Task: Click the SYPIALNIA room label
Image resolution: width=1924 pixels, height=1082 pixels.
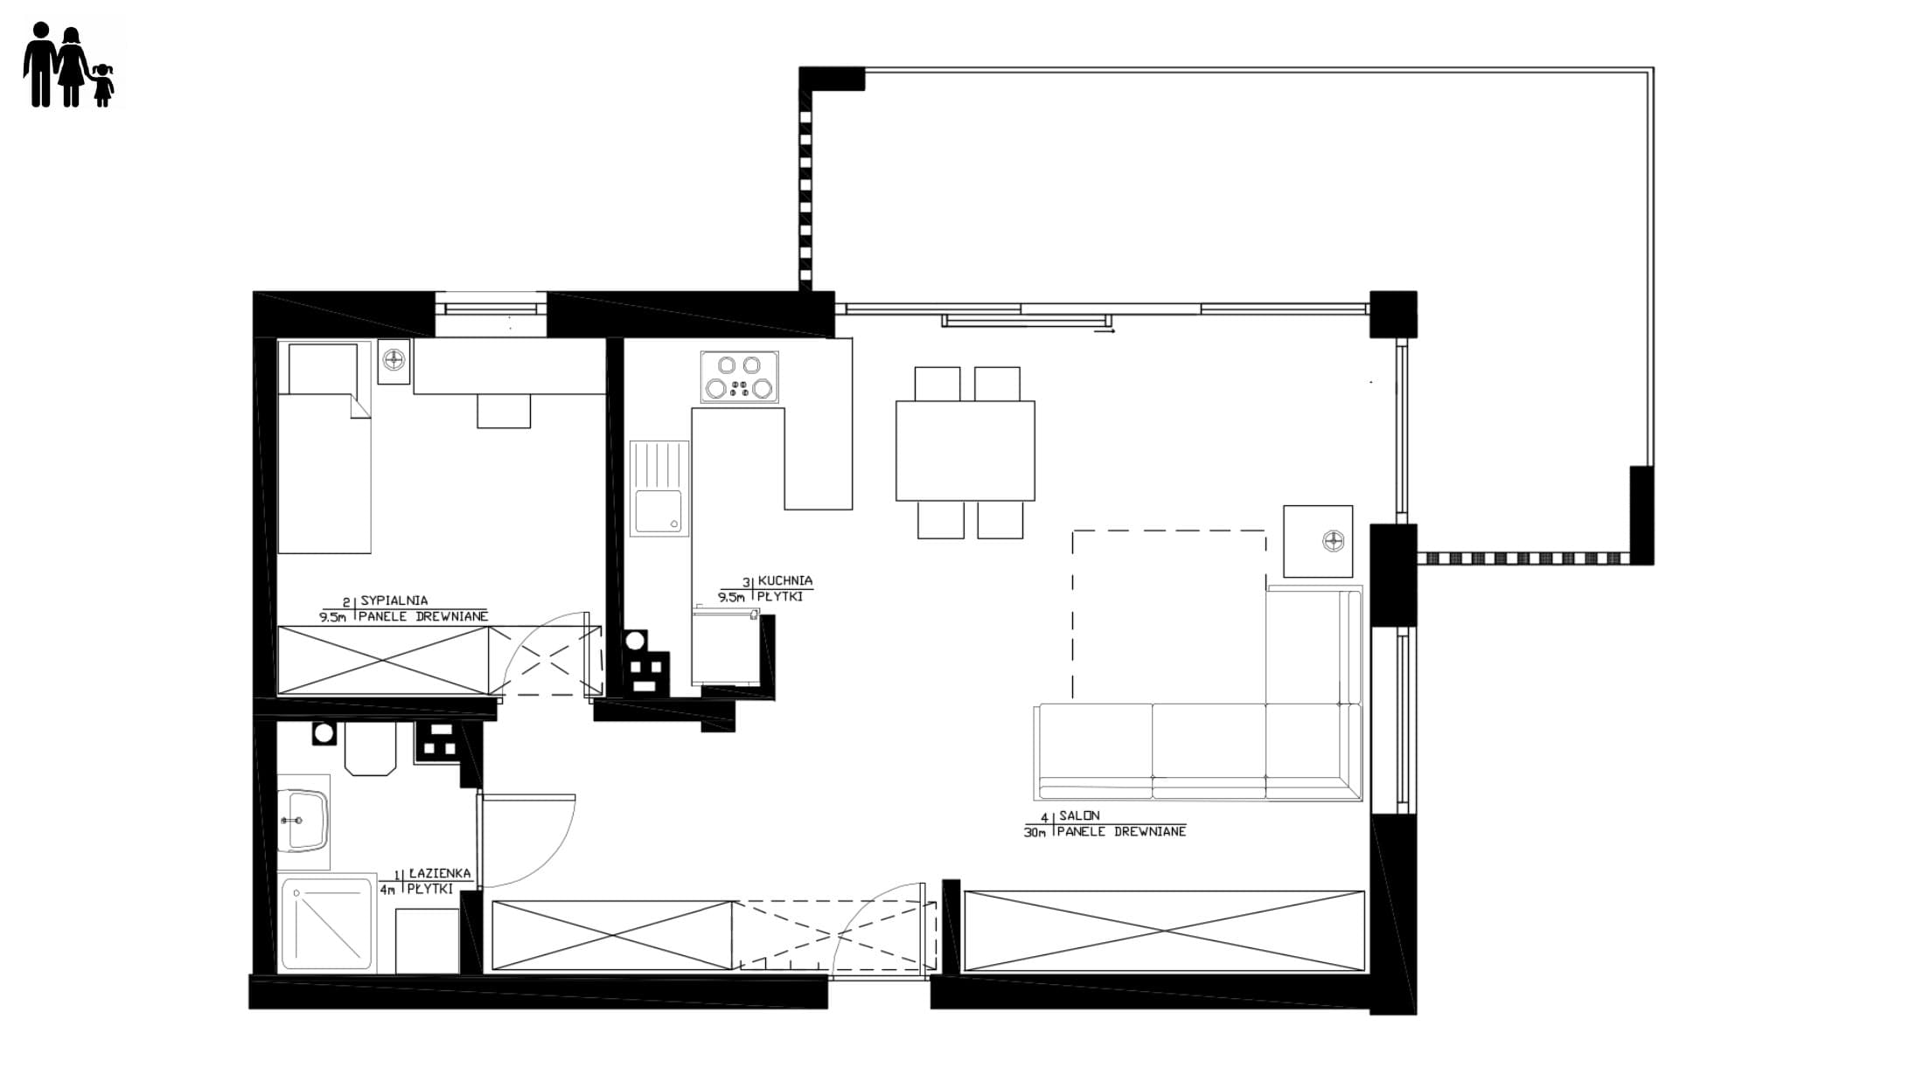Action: (x=394, y=601)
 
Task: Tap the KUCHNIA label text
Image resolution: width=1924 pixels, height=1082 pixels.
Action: (x=784, y=580)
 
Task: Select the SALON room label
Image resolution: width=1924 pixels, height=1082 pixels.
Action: (x=1079, y=815)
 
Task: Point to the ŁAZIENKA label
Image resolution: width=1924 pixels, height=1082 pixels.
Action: (x=439, y=873)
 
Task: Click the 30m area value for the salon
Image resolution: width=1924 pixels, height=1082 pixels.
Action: (x=1035, y=832)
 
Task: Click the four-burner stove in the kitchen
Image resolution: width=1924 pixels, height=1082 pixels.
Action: (x=739, y=377)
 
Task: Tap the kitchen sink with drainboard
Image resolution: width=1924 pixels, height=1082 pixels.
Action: (x=659, y=489)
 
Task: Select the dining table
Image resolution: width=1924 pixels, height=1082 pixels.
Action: (x=965, y=451)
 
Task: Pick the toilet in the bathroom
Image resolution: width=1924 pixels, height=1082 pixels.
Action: (x=370, y=748)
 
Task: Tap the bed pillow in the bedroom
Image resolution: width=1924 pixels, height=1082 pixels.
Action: (x=323, y=368)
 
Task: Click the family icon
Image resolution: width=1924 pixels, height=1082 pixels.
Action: (x=68, y=65)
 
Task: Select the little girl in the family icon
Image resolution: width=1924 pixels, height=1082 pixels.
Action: (x=103, y=85)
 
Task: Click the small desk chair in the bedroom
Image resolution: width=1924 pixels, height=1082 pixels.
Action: (x=504, y=411)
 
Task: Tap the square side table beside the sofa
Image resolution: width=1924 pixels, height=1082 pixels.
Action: (x=1318, y=541)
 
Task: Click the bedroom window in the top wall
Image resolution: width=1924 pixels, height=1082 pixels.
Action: (x=491, y=309)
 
